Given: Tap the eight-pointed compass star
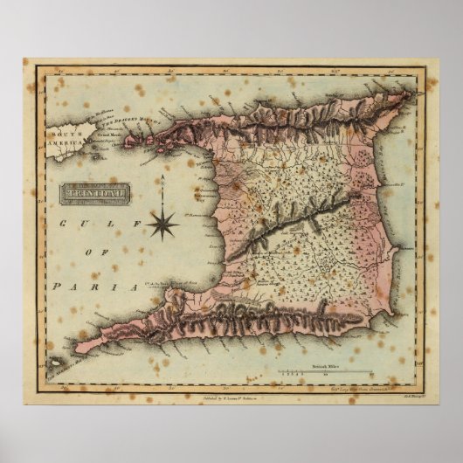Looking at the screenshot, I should pyautogui.click(x=162, y=225).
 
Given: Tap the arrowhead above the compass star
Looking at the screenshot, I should pyautogui.click(x=162, y=178).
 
